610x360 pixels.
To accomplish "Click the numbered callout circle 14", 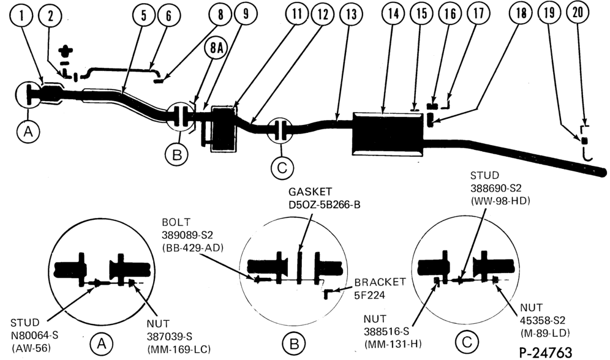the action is coord(393,14).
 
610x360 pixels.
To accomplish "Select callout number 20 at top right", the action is coord(578,12).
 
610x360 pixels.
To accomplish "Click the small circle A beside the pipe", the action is coord(28,132).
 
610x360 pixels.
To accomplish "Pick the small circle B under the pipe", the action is coord(176,155).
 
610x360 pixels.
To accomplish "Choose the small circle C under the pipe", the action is coord(282,168).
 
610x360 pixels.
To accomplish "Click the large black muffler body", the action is coord(388,133).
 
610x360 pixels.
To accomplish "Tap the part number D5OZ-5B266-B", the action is coord(325,204).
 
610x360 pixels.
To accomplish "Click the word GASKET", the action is coord(311,192).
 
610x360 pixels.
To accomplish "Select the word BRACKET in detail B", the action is coord(380,282).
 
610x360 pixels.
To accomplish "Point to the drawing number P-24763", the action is coord(546,352).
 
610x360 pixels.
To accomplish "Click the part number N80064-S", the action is coord(35,335).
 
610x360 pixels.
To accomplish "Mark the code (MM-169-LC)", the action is coord(179,349).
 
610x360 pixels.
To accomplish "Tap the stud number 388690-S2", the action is coord(495,188).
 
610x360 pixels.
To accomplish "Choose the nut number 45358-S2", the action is coord(543,320).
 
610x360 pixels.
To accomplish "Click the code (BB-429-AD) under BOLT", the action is coord(192,247).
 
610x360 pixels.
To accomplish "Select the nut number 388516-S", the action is coord(386,332).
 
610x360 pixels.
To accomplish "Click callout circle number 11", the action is coord(297,14).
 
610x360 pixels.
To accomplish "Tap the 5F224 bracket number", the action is coord(369,296).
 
